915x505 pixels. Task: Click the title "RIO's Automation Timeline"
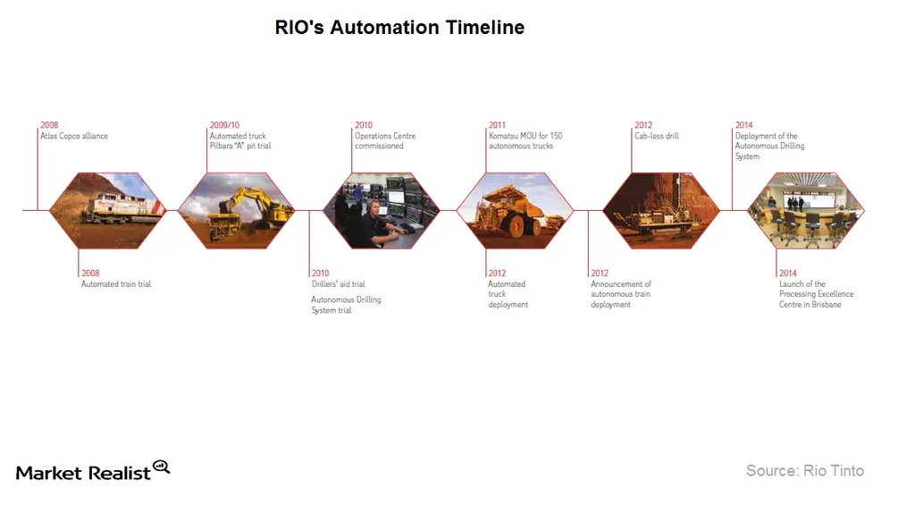(x=399, y=28)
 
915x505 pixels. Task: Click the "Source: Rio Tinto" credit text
(x=804, y=470)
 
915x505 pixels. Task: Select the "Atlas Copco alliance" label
(x=74, y=136)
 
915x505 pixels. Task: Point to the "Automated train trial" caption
(x=116, y=284)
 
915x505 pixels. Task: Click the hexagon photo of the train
(x=107, y=211)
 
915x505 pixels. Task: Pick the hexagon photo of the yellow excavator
(x=236, y=211)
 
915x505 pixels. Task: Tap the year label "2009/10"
(x=224, y=125)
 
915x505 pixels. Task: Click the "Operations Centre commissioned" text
(x=384, y=141)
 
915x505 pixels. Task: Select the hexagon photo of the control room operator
(x=381, y=211)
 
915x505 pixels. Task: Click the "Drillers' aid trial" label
(x=338, y=284)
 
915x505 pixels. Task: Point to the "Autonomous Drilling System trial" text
(x=346, y=305)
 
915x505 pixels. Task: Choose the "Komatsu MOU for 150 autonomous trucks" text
(x=525, y=141)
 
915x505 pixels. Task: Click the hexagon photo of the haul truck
(x=515, y=211)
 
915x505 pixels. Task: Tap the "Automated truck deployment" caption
(x=508, y=294)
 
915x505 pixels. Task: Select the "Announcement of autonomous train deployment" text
(x=621, y=294)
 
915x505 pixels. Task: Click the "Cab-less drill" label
(x=657, y=136)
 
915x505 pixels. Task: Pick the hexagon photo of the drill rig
(x=661, y=211)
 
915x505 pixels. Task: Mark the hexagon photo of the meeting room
(x=805, y=211)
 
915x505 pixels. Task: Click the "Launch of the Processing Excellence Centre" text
(x=816, y=294)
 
